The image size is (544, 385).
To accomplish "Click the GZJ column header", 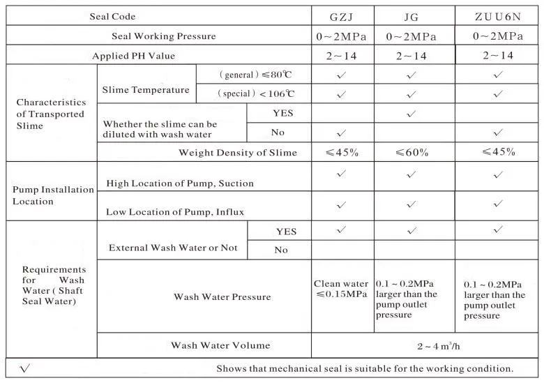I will (x=342, y=16).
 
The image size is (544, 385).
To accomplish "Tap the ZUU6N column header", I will (x=498, y=16).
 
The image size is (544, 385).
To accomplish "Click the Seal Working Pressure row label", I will (x=164, y=36).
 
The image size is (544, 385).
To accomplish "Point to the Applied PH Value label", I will (x=134, y=56).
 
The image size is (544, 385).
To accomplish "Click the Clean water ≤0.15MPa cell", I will (x=342, y=289).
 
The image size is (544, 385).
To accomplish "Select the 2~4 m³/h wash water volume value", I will (x=424, y=345).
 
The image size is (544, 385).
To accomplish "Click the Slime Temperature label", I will (x=146, y=90).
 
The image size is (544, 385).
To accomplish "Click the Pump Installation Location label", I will (x=53, y=195).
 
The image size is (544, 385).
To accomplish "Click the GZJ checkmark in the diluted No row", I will (x=342, y=132).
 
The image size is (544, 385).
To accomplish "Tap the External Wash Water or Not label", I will (x=173, y=248).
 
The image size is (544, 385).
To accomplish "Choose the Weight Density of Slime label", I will (x=238, y=152).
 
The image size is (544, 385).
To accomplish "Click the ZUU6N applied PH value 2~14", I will (x=498, y=56).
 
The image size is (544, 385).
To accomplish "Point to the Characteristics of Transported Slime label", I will (x=50, y=114).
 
